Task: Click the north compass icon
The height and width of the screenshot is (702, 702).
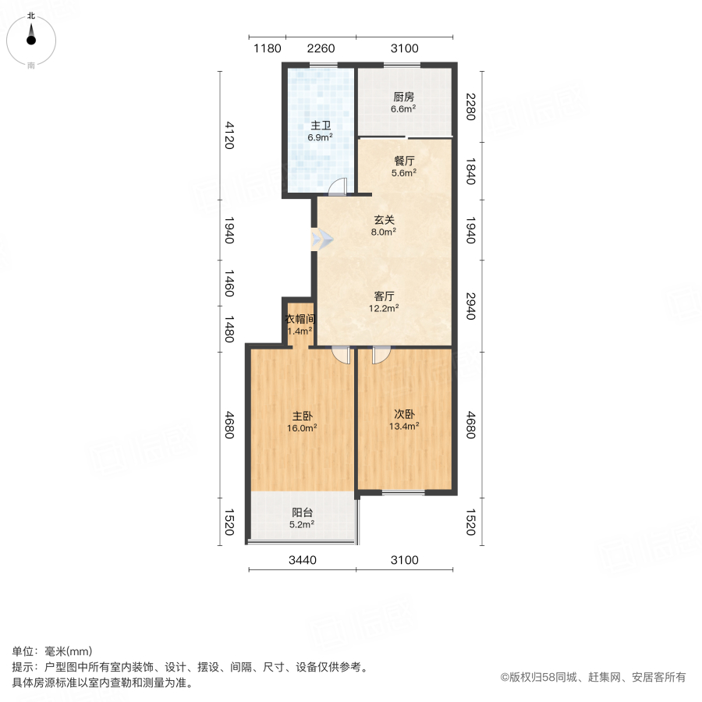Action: coord(31,37)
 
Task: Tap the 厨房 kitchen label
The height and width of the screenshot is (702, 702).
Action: coord(403,97)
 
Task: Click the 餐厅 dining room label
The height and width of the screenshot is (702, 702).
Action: coord(403,161)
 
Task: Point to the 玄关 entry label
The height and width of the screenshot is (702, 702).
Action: coord(383,219)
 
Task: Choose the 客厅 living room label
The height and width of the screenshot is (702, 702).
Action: coord(384,296)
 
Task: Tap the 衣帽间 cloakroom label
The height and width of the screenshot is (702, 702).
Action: coord(299,319)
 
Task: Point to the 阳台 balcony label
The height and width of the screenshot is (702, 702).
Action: coord(303,512)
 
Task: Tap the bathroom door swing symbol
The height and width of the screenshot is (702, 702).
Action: coord(338,186)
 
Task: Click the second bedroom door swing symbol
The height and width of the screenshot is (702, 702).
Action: coord(381,355)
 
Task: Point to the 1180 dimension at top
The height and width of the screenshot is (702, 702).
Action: coord(267,48)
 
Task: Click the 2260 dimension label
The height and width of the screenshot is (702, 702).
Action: coord(321,48)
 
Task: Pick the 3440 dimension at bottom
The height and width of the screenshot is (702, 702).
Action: coord(302,560)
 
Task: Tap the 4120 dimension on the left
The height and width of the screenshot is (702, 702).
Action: coord(229,135)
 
